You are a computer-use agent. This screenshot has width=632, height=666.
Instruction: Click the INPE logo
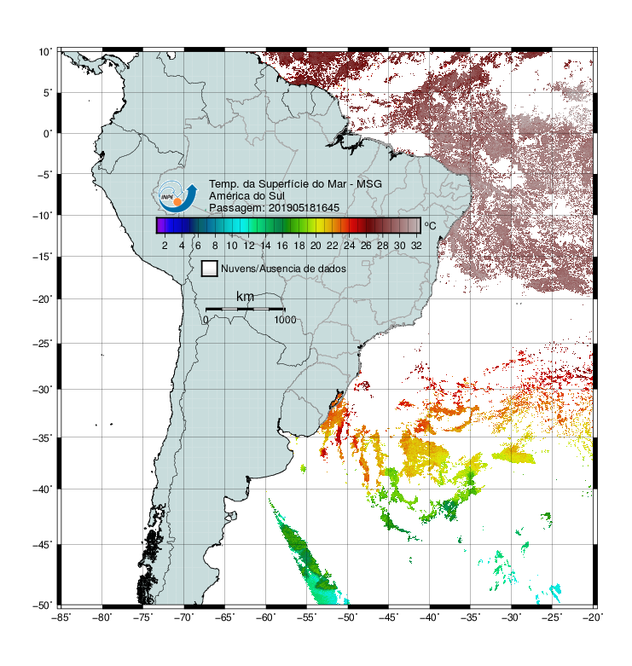coord(177,197)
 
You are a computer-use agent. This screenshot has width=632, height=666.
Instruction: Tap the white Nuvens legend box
coord(210,269)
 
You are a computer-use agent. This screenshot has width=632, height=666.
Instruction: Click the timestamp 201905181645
coord(304,208)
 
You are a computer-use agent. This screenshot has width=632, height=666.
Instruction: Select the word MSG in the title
coord(369,184)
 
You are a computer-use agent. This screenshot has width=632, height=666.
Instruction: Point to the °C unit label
coord(430,225)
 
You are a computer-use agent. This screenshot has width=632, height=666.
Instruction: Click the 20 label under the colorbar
coord(316,246)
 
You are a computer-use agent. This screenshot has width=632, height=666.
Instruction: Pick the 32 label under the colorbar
coord(416,246)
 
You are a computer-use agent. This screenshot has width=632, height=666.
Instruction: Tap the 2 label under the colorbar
coord(165,246)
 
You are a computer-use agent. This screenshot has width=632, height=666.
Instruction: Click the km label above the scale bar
coord(245,296)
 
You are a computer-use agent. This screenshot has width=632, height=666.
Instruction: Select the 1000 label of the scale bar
coord(285,320)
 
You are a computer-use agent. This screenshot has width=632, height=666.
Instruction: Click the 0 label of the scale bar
coord(206,320)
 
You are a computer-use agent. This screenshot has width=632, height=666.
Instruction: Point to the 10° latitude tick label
coord(45,52)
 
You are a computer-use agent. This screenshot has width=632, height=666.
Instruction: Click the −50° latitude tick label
coord(43,605)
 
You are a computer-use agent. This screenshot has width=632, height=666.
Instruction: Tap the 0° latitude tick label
coord(48,134)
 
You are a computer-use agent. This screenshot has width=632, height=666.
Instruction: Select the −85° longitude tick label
coord(61,617)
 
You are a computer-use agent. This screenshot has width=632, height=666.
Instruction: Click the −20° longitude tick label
coord(594,617)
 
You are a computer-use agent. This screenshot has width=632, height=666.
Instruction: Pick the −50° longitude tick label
coord(348,617)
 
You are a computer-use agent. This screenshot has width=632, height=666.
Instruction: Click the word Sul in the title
coord(276,196)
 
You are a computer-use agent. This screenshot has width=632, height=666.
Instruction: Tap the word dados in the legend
coord(332,269)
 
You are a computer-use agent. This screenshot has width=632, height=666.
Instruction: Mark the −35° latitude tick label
coord(43,437)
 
